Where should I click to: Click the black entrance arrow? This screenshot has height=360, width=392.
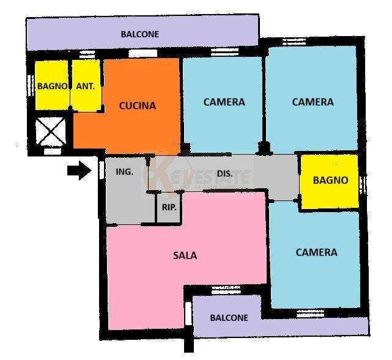78,172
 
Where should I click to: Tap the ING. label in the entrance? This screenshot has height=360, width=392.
124,172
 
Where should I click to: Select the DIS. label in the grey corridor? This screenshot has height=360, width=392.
225,174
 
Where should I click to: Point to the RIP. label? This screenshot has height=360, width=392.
169,207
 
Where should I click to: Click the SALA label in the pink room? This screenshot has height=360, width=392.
185,255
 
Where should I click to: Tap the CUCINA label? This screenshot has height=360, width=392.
137,106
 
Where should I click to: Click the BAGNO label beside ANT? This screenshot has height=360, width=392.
52,86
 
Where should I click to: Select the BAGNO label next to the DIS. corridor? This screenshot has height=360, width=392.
330,180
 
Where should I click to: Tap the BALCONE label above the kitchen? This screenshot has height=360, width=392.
139,34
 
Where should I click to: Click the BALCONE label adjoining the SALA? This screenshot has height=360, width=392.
229,318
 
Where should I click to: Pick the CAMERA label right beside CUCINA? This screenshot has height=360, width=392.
224,102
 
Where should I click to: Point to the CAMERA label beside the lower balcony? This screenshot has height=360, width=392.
316,252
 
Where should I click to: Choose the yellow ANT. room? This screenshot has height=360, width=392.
86,98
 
